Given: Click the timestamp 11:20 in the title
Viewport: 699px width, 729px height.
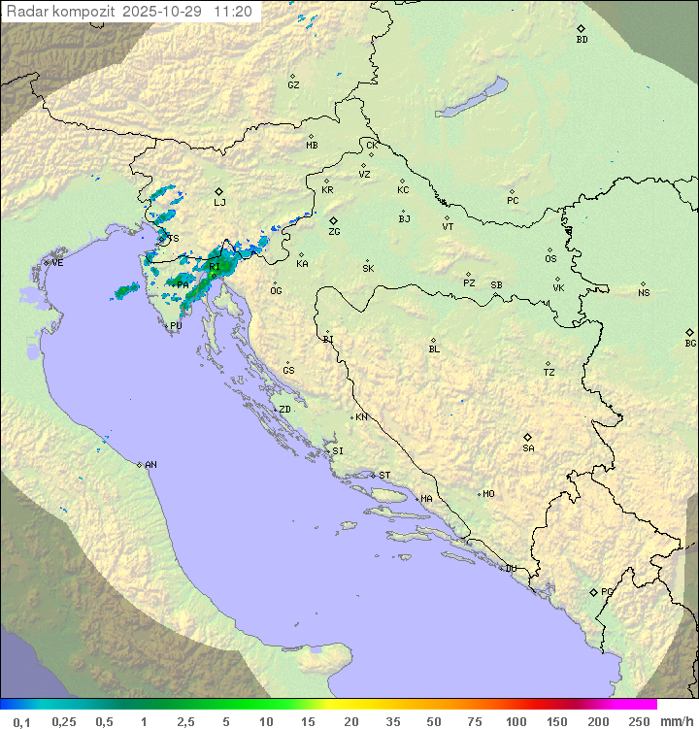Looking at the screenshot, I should (x=233, y=12).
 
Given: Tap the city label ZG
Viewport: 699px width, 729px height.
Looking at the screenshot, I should (x=334, y=232).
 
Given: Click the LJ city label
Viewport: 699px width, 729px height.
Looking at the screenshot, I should (x=219, y=202).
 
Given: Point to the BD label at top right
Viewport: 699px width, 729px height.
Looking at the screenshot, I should (x=582, y=40).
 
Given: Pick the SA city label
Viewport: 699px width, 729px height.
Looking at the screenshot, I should (x=528, y=447).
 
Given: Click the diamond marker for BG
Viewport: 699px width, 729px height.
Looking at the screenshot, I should (x=689, y=332).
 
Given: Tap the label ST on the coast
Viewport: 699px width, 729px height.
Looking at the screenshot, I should (x=384, y=476).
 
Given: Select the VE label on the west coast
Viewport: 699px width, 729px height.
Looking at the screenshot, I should (x=57, y=263).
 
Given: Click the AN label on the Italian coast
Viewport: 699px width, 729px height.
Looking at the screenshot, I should (x=150, y=465).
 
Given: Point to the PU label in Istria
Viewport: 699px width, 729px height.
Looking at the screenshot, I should (x=176, y=326).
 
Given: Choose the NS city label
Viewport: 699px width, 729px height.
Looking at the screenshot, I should (x=644, y=293).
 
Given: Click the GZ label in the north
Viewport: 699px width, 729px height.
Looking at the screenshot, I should (x=293, y=85).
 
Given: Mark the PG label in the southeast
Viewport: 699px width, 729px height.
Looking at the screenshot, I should (x=607, y=591).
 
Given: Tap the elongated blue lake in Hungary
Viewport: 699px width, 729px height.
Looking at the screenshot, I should (x=472, y=98).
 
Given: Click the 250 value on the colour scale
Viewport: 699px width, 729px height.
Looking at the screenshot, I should (x=639, y=721).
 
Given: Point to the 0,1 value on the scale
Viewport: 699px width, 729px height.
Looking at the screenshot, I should (x=21, y=721).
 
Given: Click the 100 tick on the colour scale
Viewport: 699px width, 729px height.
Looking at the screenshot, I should (x=516, y=721).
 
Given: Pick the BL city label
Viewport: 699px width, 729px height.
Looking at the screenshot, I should (x=434, y=348).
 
